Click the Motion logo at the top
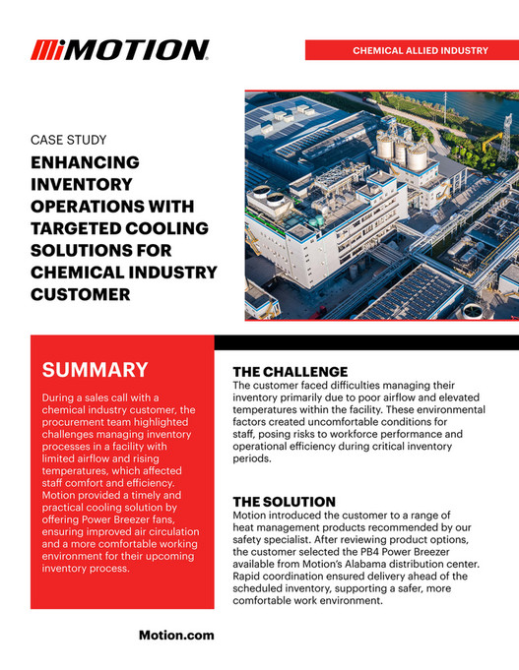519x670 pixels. click(119, 50)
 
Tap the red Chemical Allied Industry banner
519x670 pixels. click(412, 50)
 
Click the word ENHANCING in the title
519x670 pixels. click(86, 162)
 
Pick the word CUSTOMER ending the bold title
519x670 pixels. click(79, 292)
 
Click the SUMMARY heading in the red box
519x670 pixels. click(95, 370)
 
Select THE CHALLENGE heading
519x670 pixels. click(291, 371)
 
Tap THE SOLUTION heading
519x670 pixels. click(285, 502)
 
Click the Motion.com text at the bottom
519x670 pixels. click(175, 636)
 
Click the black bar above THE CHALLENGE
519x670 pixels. click(366, 342)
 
